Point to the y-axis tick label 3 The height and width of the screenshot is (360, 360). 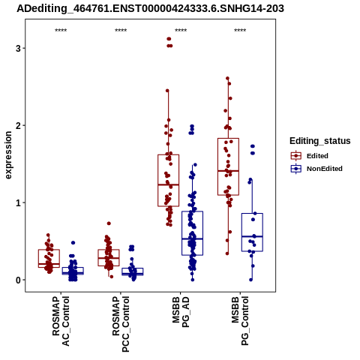[x=18, y=48]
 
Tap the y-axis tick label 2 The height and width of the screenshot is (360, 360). [x=18, y=125]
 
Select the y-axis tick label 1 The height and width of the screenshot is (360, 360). [x=18, y=202]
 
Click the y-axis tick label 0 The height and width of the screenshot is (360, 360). [x=18, y=280]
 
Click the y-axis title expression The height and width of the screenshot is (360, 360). [x=8, y=155]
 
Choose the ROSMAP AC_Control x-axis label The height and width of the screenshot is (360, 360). [x=61, y=321]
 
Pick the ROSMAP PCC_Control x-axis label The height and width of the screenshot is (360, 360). [x=121, y=324]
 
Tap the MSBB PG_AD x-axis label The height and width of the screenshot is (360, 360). [x=181, y=312]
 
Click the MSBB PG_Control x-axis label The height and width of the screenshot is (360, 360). [x=240, y=321]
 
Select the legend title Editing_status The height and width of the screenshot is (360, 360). [x=320, y=141]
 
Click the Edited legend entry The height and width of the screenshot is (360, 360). [x=309, y=156]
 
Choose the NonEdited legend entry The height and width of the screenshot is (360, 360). [x=316, y=169]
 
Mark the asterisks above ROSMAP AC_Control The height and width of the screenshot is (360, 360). [x=61, y=31]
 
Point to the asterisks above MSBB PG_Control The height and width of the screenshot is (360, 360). [x=240, y=31]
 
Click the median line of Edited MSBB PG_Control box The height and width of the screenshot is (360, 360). [x=228, y=171]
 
